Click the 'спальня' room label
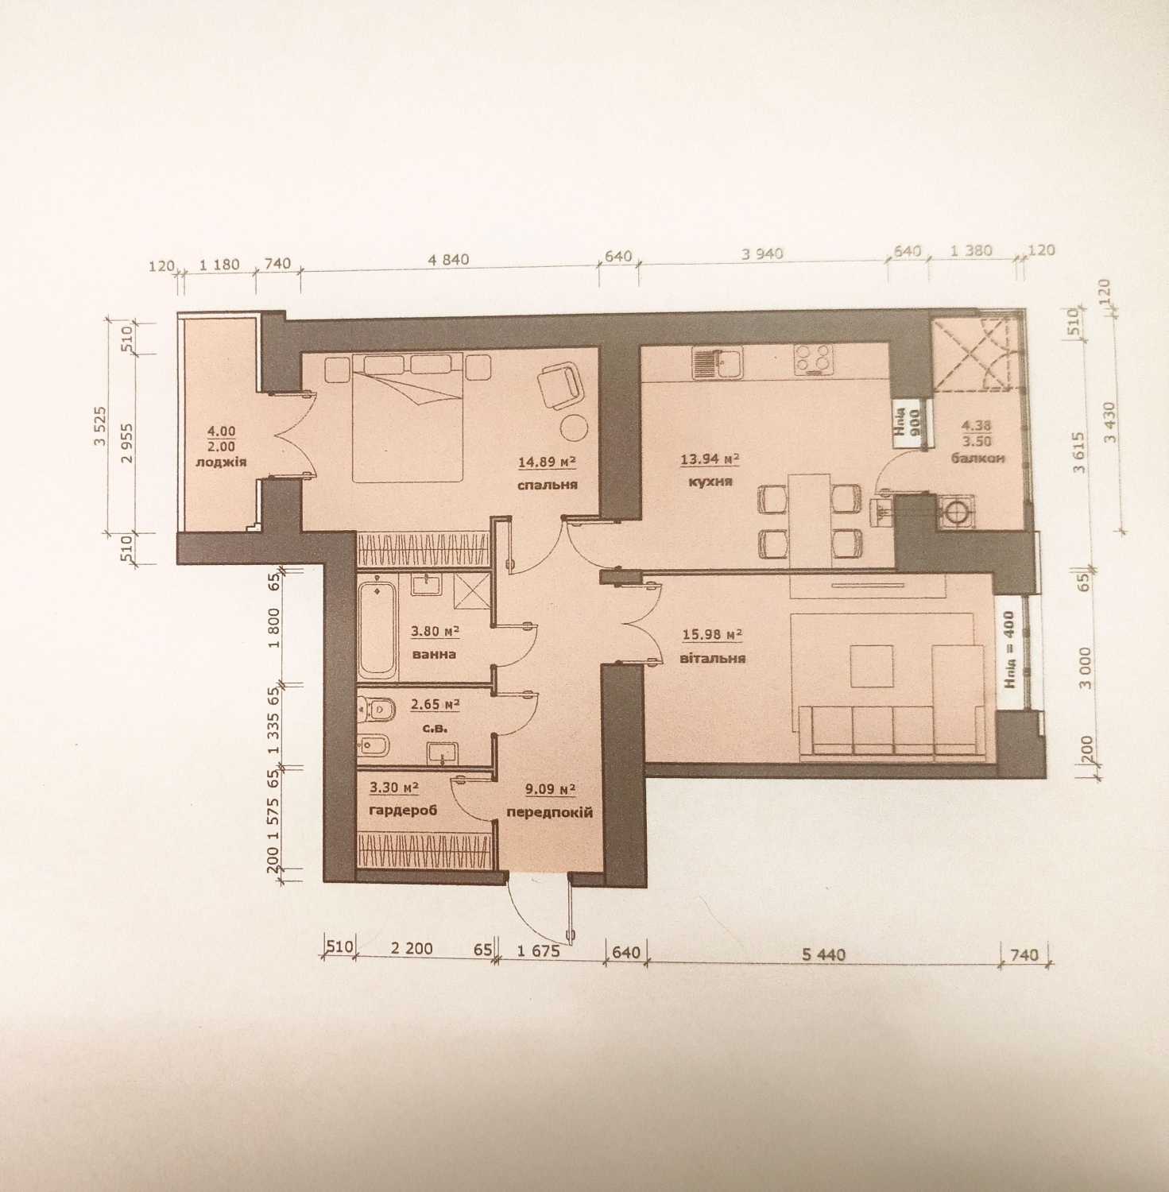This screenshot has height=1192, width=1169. click(546, 485)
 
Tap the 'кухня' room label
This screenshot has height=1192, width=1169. click(706, 482)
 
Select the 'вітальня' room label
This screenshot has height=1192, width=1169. click(714, 658)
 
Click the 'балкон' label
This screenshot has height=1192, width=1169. click(977, 459)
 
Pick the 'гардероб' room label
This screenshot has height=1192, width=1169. click(405, 811)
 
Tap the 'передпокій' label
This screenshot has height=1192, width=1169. click(550, 813)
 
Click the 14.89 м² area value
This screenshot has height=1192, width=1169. click(547, 461)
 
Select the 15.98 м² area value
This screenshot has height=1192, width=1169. click(712, 634)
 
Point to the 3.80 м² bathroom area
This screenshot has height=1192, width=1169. click(435, 632)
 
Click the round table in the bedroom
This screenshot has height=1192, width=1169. click(574, 427)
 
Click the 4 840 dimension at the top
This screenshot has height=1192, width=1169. click(449, 259)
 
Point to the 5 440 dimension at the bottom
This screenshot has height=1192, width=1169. click(823, 954)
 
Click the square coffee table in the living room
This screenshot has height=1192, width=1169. click(871, 666)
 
